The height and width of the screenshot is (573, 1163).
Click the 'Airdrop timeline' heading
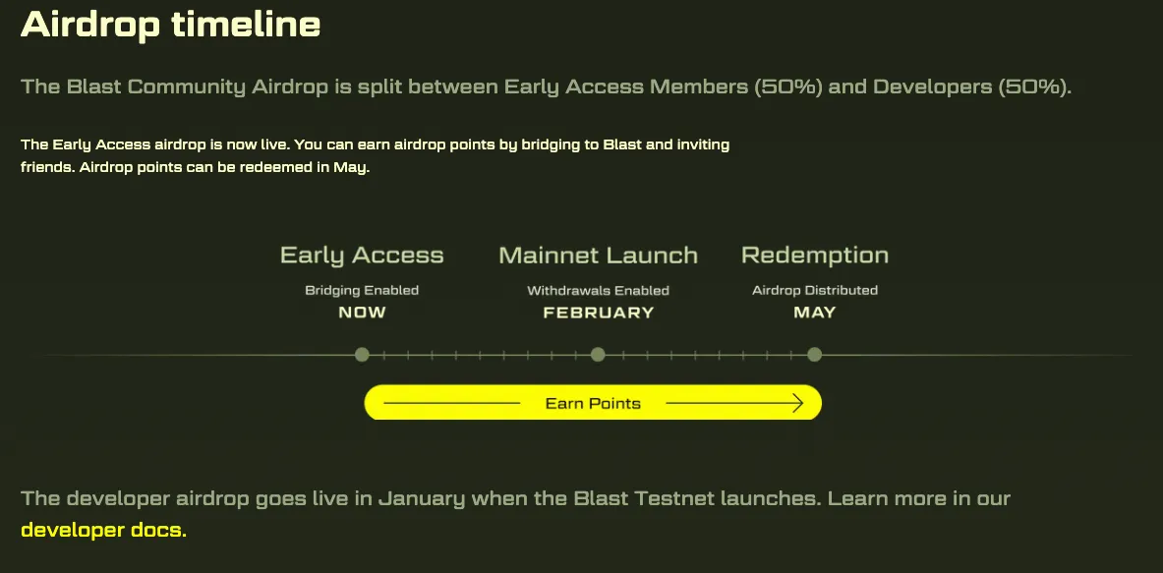(x=171, y=25)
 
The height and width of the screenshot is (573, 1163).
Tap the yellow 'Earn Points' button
(x=593, y=403)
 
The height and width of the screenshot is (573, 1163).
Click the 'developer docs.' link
(x=104, y=530)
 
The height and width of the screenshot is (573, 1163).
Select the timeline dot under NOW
(x=362, y=355)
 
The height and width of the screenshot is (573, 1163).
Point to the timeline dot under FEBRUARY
(x=598, y=355)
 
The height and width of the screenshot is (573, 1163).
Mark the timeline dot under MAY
(x=814, y=355)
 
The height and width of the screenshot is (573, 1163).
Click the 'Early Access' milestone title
(x=362, y=256)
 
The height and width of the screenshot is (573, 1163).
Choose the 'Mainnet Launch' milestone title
(x=598, y=256)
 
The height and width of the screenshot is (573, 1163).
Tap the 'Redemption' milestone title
(x=814, y=256)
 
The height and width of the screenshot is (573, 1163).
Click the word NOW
(x=362, y=313)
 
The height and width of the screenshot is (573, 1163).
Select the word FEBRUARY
(x=599, y=313)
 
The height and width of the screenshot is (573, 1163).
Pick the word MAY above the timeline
(x=814, y=313)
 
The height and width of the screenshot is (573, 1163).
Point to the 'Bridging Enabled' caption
(x=362, y=291)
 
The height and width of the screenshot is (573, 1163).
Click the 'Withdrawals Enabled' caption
(x=598, y=291)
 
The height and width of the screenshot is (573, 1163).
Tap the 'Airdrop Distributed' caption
(x=814, y=291)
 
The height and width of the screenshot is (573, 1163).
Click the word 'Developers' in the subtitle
(x=932, y=87)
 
